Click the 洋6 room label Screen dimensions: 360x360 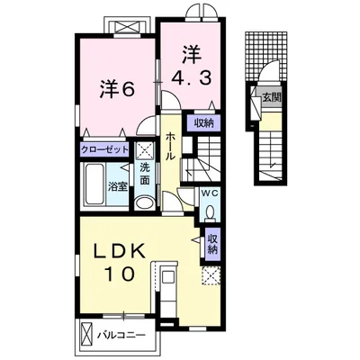[117, 89]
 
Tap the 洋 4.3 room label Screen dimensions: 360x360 [192, 67]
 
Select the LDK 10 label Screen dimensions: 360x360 [120, 262]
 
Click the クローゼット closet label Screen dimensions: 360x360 [104, 149]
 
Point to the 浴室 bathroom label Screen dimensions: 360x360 [119, 187]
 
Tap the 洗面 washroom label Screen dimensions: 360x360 [145, 175]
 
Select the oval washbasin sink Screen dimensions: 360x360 [144, 203]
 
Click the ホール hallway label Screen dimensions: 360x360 [170, 146]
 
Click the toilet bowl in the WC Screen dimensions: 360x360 [210, 212]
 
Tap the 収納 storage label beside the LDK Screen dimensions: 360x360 [212, 244]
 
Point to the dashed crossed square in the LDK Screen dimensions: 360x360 [211, 275]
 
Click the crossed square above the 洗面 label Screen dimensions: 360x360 [146, 151]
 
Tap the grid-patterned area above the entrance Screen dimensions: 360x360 [266, 56]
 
